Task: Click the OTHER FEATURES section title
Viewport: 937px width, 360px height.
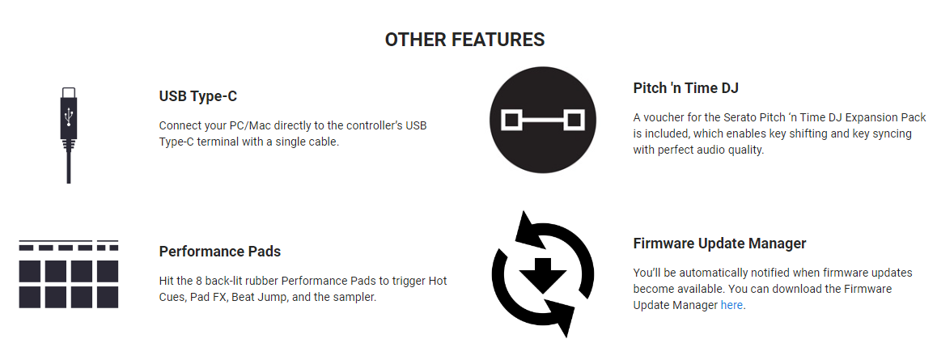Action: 464,40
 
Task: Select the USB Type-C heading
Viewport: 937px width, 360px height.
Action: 197,97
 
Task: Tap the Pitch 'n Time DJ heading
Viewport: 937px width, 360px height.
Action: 685,88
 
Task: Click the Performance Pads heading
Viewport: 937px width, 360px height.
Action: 220,252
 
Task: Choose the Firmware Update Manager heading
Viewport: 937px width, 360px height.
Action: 719,244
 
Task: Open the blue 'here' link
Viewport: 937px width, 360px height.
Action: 731,305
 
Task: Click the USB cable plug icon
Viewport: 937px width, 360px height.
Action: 69,135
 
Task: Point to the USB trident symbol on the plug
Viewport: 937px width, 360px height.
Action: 69,116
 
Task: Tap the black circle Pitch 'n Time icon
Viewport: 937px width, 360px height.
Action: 542,120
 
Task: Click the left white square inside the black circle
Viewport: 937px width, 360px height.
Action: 511,120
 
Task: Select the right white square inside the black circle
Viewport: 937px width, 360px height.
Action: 574,120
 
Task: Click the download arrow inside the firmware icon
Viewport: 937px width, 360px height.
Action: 543,275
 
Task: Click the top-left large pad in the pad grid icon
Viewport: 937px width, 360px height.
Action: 30,271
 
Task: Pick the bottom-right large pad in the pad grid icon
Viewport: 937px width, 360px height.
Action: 108,297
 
